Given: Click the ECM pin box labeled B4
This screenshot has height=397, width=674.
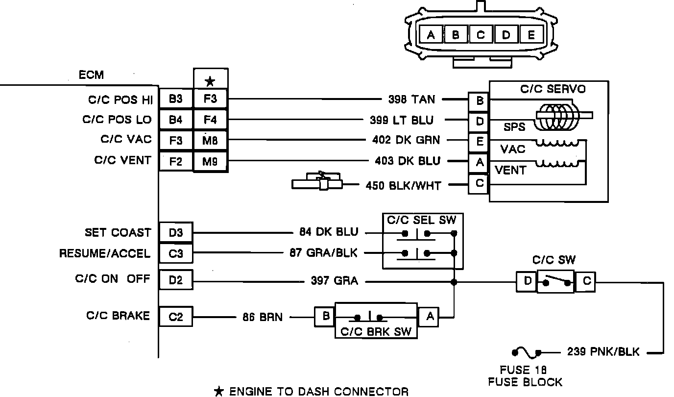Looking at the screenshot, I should pyautogui.click(x=175, y=120).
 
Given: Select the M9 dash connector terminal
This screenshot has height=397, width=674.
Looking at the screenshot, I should pyautogui.click(x=210, y=161).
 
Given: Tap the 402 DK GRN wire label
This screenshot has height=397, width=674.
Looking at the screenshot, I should pyautogui.click(x=406, y=140).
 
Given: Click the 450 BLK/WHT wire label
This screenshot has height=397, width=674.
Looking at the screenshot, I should pyautogui.click(x=403, y=185).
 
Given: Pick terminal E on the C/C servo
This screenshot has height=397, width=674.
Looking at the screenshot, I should pyautogui.click(x=479, y=142).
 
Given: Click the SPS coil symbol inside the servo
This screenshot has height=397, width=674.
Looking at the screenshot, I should pyautogui.click(x=557, y=118).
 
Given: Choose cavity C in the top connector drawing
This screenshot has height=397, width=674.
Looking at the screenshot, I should pyautogui.click(x=481, y=35).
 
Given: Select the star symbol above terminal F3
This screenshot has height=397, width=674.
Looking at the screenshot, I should pyautogui.click(x=210, y=81).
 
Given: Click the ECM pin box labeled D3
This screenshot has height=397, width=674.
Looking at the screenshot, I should pyautogui.click(x=175, y=233).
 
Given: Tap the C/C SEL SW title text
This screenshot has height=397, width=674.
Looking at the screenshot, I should pyautogui.click(x=421, y=220).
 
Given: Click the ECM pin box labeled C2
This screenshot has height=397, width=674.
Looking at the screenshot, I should pyautogui.click(x=175, y=317).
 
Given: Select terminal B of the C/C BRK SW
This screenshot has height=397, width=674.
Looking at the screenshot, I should pyautogui.click(x=325, y=317).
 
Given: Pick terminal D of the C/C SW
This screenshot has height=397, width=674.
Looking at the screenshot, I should pyautogui.click(x=527, y=282).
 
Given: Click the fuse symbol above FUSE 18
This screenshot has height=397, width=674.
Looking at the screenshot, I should pyautogui.click(x=527, y=352).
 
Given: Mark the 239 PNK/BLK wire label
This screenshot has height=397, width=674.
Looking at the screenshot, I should pyautogui.click(x=603, y=352).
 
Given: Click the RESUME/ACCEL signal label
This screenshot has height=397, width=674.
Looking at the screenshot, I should pyautogui.click(x=105, y=253).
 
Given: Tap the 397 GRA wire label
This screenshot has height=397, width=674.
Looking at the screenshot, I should pyautogui.click(x=334, y=281).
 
